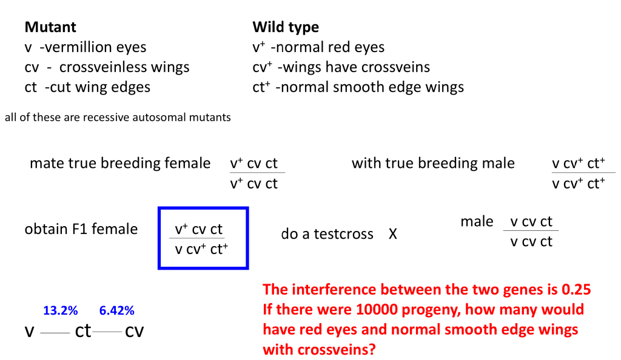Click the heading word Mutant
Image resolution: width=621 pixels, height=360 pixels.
click(x=50, y=27)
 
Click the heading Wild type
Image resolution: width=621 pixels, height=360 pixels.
click(x=285, y=27)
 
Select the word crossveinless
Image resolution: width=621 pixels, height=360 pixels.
click(x=104, y=67)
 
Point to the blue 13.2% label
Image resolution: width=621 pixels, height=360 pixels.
click(x=60, y=311)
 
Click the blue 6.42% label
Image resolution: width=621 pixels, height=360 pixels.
click(x=117, y=311)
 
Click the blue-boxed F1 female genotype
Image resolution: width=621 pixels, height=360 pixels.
click(x=203, y=238)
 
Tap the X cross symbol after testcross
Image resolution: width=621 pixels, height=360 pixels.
click(x=393, y=234)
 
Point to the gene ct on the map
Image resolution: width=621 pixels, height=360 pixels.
click(x=83, y=332)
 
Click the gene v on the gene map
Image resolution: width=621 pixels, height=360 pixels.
click(x=29, y=332)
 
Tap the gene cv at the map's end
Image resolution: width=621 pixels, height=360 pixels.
click(x=134, y=332)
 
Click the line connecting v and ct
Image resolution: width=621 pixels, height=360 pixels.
click(x=55, y=333)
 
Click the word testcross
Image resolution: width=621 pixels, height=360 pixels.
click(x=344, y=234)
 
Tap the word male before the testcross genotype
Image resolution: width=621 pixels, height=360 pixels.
click(x=477, y=222)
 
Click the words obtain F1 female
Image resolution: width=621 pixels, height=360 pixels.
click(x=81, y=229)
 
